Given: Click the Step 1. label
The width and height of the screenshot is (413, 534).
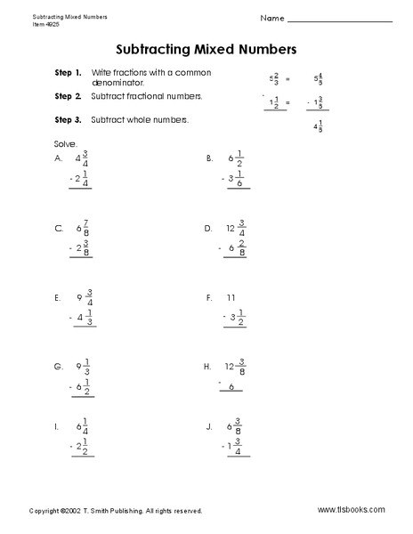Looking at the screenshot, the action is (68, 71).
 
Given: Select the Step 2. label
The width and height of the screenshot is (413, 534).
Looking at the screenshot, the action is (68, 95).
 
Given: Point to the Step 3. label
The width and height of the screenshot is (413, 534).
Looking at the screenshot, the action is (68, 119).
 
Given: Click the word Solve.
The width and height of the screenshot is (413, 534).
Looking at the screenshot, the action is (65, 142).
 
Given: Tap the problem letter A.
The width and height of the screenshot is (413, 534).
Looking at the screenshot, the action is (59, 158).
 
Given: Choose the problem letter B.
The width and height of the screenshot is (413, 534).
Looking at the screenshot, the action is (209, 158).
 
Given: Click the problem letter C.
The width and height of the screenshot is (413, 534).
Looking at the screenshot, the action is (59, 228).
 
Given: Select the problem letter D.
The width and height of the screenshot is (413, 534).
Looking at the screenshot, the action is (209, 228).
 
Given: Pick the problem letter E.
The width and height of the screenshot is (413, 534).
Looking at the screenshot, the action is (58, 296).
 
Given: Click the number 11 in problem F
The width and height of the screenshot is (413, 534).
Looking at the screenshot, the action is (231, 296).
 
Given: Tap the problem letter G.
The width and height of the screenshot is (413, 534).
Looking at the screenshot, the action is (59, 366).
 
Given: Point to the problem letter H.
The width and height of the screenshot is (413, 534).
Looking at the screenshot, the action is (207, 366).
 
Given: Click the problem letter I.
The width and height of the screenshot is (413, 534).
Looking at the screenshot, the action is (57, 427).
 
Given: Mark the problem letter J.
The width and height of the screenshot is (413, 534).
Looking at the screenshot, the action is (208, 427).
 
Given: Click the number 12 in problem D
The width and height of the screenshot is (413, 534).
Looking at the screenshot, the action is (231, 228).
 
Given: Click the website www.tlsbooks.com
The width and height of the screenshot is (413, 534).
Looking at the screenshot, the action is (351, 510).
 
